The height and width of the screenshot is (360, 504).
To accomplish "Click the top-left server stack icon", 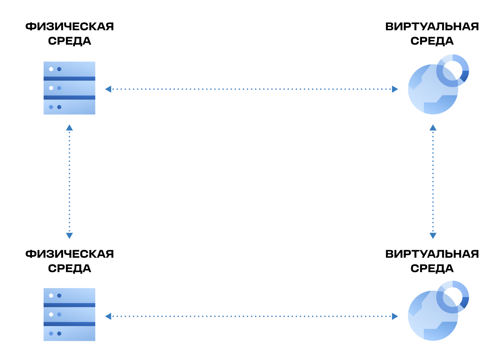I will [69, 88].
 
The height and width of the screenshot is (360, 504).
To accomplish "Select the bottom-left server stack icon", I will [69, 315].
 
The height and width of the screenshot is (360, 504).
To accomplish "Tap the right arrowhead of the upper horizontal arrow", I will [395, 89].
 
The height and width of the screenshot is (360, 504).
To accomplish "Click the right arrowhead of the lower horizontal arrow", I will [395, 316].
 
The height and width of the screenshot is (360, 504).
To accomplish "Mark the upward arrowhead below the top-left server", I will [69, 128].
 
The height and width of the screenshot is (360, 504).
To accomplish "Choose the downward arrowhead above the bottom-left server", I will [69, 235].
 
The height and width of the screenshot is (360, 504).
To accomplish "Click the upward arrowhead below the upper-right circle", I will [433, 128].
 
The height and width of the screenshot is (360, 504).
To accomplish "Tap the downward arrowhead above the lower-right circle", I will [433, 235].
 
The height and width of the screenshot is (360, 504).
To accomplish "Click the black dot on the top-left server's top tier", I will [51, 69].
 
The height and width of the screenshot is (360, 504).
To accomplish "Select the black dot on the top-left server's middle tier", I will [51, 88].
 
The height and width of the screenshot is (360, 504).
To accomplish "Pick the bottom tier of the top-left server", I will [69, 107].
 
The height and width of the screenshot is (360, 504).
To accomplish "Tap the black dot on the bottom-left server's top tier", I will [51, 296].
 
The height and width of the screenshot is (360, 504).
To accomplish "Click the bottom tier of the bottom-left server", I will [69, 334].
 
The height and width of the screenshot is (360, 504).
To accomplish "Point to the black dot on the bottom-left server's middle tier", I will [51, 314].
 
